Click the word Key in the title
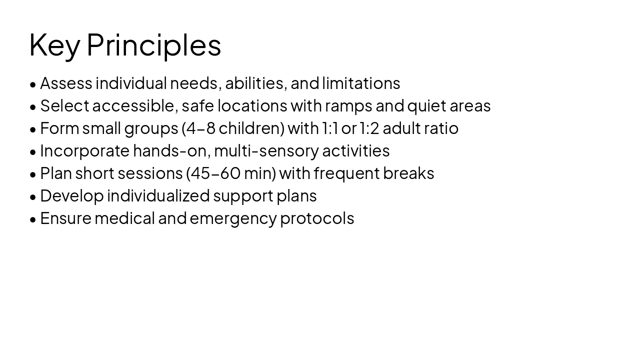[x=54, y=45]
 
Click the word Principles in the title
[x=153, y=45]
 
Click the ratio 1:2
[x=369, y=128]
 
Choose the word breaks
[x=408, y=173]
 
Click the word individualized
[x=158, y=196]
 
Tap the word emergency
[x=233, y=218]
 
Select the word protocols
[x=317, y=218]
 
